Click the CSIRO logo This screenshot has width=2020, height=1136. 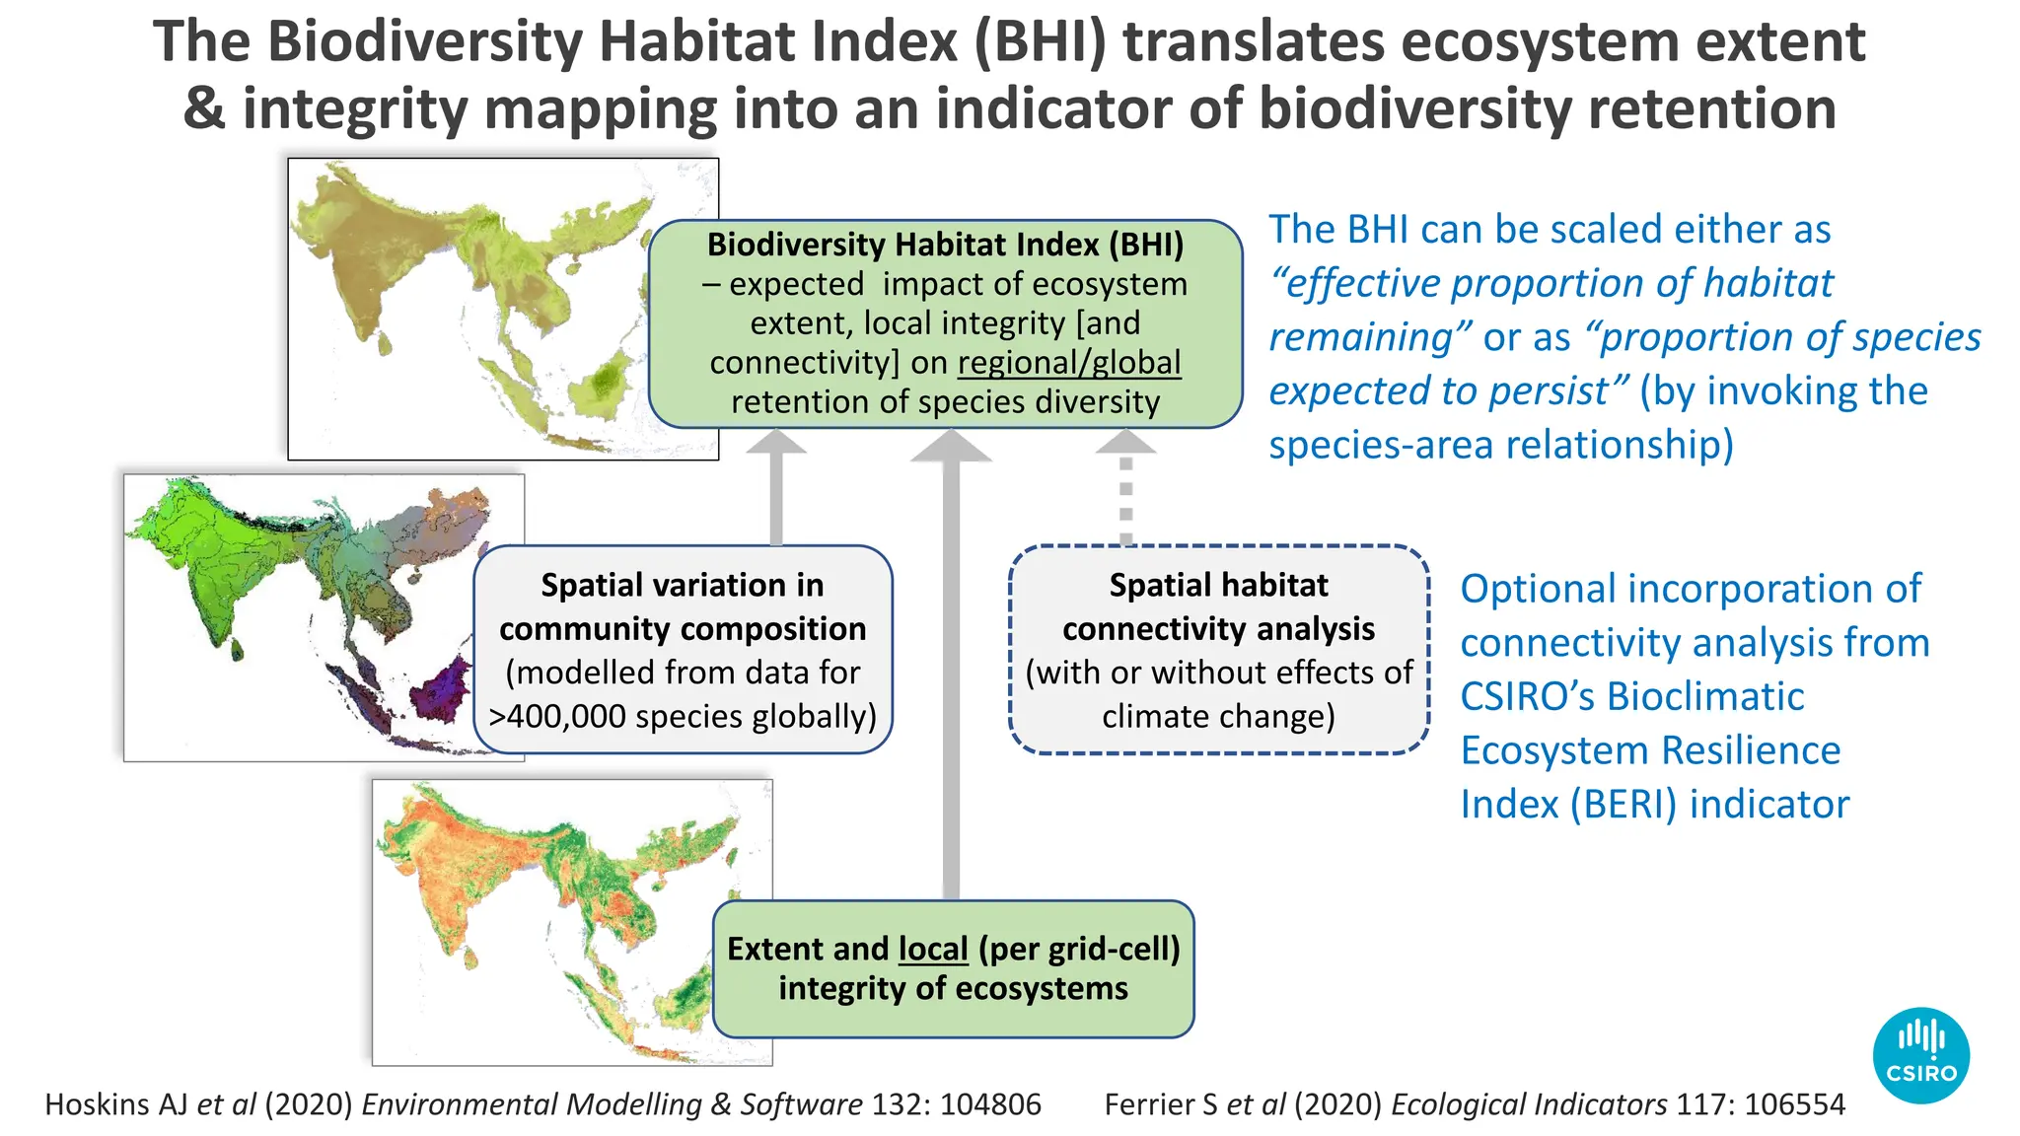click(x=1920, y=1054)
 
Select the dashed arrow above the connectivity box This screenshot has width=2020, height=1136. click(x=1125, y=493)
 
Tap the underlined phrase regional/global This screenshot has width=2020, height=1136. click(x=1069, y=363)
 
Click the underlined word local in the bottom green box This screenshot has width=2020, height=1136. click(x=933, y=949)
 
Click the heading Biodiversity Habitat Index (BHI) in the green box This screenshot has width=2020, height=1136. click(x=945, y=245)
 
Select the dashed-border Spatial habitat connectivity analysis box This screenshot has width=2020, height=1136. click(x=1219, y=650)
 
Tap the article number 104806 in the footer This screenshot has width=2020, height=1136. click(x=990, y=1104)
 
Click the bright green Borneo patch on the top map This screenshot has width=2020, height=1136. click(x=605, y=380)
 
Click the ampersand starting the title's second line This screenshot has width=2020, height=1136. click(x=203, y=108)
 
